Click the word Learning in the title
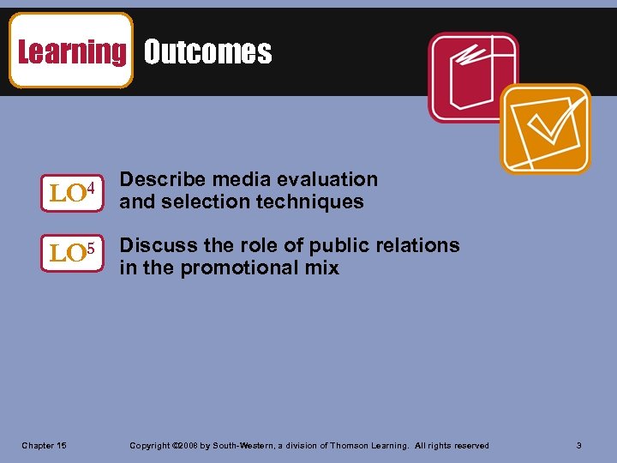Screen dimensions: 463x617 pyautogui.click(x=71, y=52)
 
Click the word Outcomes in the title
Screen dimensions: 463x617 pyautogui.click(x=207, y=52)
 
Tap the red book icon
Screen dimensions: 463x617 pyautogui.click(x=473, y=76)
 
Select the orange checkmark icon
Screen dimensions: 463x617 pyautogui.click(x=545, y=129)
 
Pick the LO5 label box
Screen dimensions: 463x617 pyautogui.click(x=71, y=253)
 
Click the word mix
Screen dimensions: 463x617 pyautogui.click(x=322, y=268)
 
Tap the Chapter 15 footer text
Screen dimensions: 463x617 pyautogui.click(x=44, y=446)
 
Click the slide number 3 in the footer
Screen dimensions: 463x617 pyautogui.click(x=579, y=446)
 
